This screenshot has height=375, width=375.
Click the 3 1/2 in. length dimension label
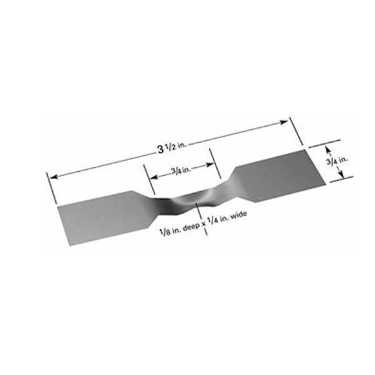pyautogui.click(x=172, y=147)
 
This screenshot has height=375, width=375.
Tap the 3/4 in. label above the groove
pyautogui.click(x=181, y=170)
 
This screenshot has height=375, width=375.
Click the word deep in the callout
pyautogui.click(x=191, y=227)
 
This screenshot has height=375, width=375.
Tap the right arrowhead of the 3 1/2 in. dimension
pyautogui.click(x=284, y=122)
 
